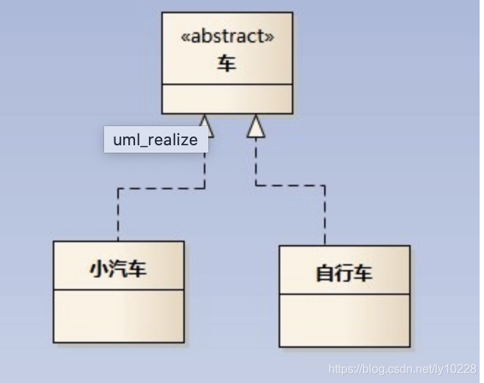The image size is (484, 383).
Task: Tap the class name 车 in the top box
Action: [x=227, y=65]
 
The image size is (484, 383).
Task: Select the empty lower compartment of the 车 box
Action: [x=227, y=98]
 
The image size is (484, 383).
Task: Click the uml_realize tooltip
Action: [x=155, y=139]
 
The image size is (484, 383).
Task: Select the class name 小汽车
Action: [x=118, y=269]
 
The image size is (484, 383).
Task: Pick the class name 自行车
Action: [x=344, y=274]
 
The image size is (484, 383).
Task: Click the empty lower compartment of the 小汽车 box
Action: [x=118, y=315]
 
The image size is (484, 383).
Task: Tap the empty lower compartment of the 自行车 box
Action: [x=344, y=320]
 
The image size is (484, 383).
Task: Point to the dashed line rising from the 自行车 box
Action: [x=325, y=216]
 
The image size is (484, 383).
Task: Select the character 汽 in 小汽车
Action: [x=118, y=269]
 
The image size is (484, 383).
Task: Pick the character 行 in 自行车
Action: [x=344, y=274]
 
